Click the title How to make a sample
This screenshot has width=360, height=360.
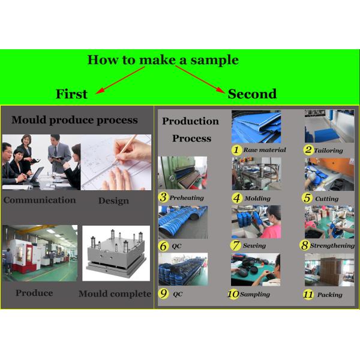(x=163, y=60)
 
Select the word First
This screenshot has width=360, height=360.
(x=71, y=94)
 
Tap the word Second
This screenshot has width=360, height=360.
(x=252, y=94)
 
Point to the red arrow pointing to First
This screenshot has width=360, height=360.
(x=120, y=80)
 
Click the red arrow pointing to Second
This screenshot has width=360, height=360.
(x=200, y=79)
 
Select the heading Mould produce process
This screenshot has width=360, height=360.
(x=74, y=120)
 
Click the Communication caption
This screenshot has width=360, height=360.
(x=40, y=200)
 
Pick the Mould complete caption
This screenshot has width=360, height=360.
(x=115, y=293)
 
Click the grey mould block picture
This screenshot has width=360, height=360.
(x=116, y=253)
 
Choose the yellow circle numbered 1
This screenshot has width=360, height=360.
(x=236, y=150)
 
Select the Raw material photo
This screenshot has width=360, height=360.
(x=256, y=127)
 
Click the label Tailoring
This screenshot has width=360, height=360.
(x=328, y=151)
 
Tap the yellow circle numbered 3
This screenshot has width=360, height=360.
(x=163, y=197)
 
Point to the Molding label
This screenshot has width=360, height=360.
(x=257, y=199)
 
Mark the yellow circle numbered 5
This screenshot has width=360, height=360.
(x=307, y=198)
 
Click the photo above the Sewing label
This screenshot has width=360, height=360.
(x=256, y=222)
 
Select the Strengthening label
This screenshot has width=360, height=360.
(x=332, y=245)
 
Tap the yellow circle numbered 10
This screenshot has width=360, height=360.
(x=233, y=294)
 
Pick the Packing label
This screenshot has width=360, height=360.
(x=329, y=295)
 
